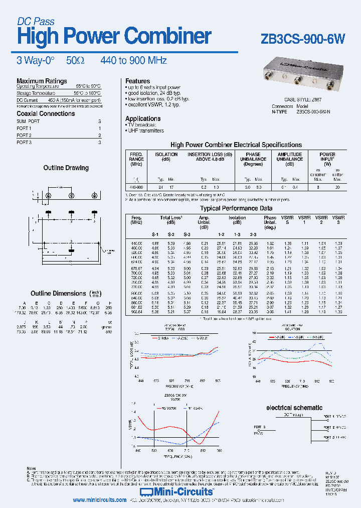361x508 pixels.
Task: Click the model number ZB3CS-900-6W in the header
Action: pos(303,40)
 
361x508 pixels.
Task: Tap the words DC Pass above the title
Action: pos(36,21)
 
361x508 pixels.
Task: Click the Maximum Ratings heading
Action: pos(42,81)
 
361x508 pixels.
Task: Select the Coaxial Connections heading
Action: pos(46,113)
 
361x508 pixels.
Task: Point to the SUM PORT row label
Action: pos(28,121)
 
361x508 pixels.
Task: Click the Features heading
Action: pos(137,81)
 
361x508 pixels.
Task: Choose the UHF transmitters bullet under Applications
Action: pos(145,131)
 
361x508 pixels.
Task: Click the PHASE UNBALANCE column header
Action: pos(253,159)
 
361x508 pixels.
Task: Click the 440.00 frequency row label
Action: pos(137,243)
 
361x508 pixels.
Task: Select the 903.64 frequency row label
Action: pos(137,311)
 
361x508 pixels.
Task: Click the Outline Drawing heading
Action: pos(66,168)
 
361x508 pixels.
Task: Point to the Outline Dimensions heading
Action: pos(58,293)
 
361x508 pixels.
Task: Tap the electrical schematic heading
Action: pos(294,408)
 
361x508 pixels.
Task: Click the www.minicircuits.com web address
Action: pos(99,500)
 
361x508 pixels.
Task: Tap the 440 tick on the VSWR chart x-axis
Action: pos(137,451)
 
